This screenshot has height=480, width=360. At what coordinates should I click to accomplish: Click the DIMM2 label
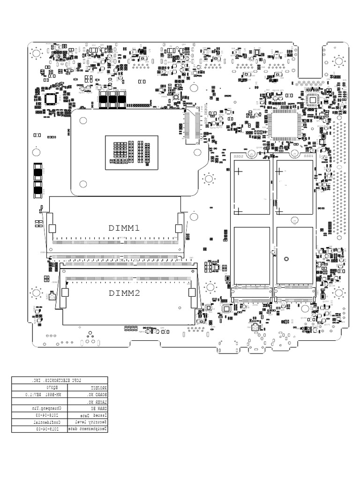coord(124,294)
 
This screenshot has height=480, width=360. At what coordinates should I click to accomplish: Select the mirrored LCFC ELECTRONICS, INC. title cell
coord(60,380)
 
